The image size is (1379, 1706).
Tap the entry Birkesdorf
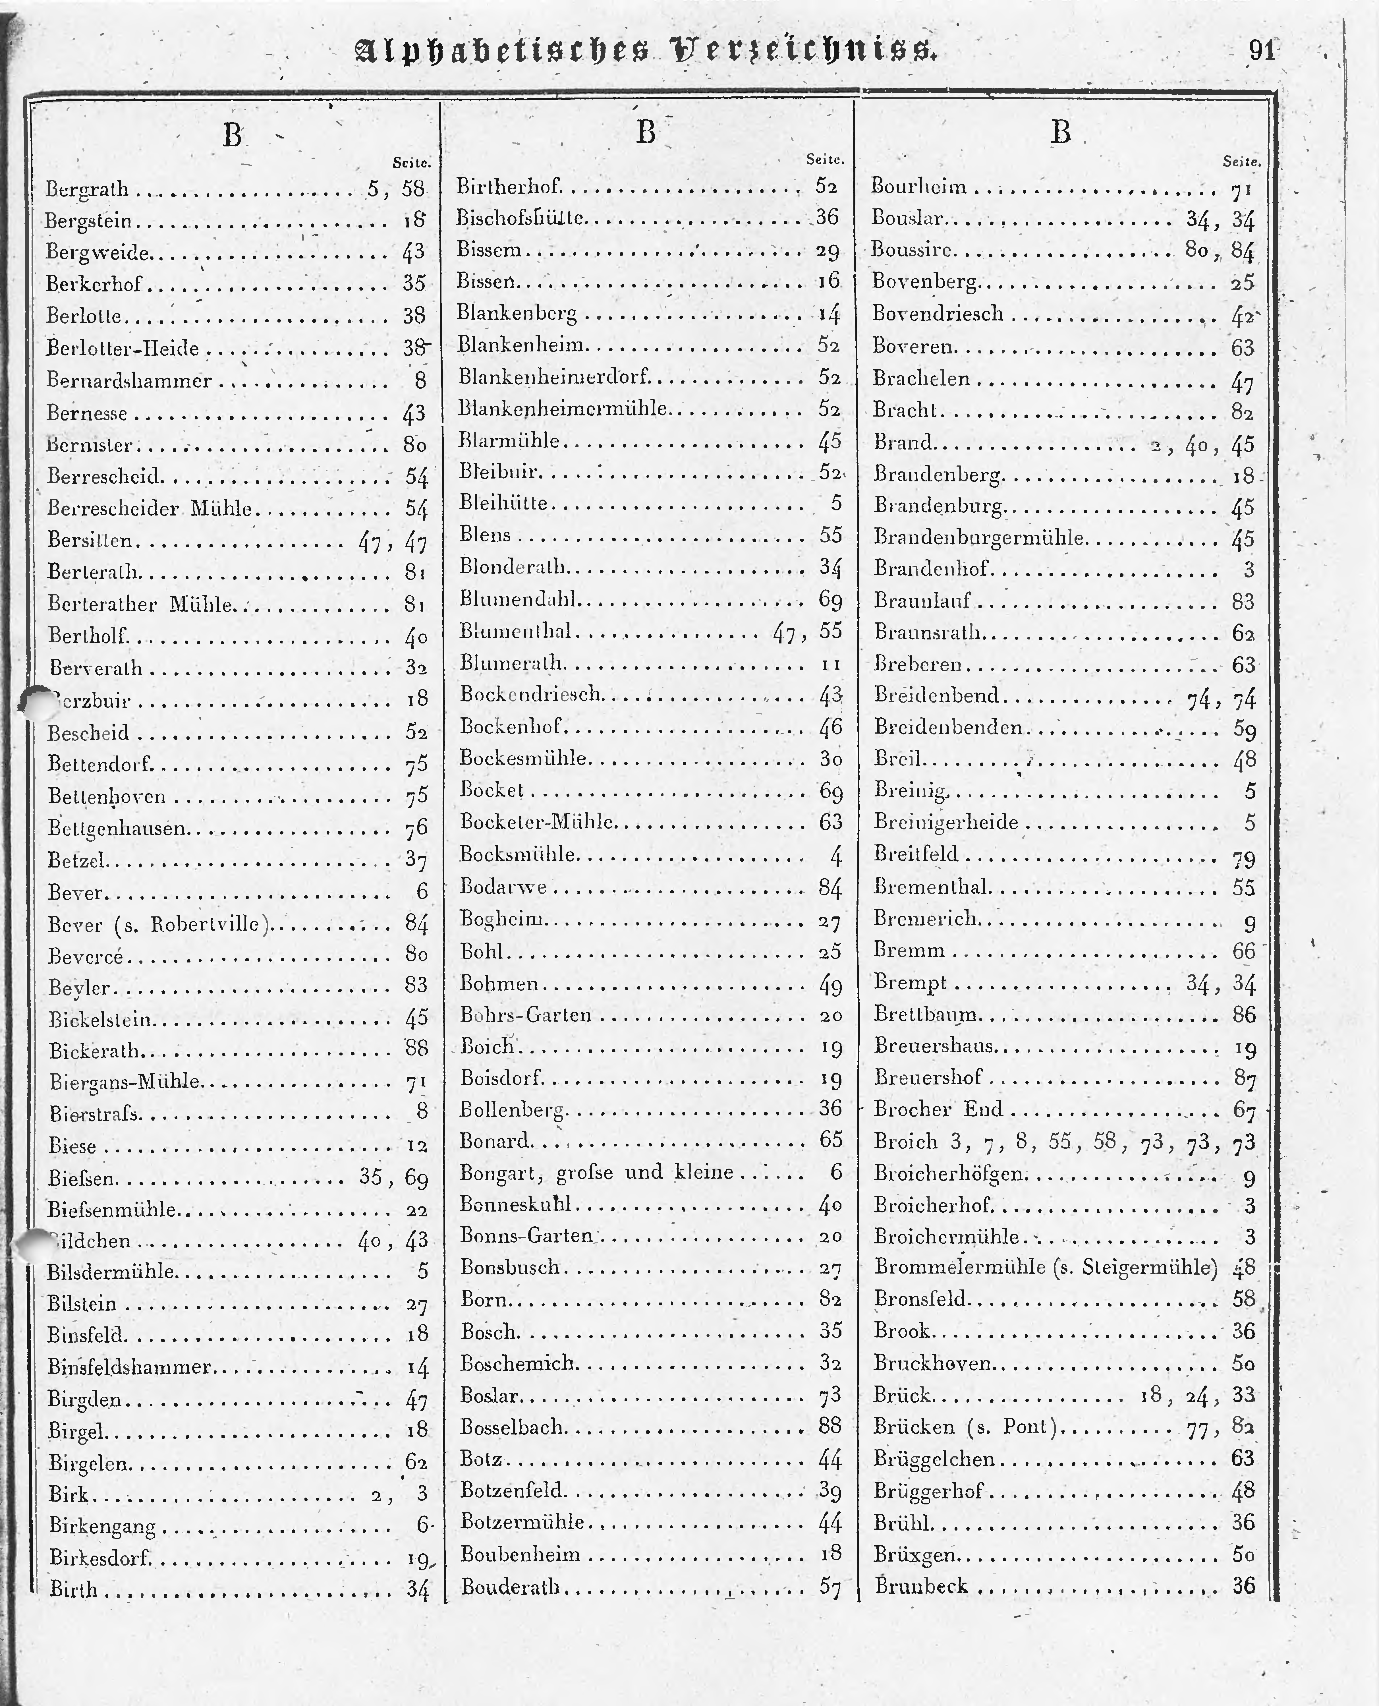tap(99, 1557)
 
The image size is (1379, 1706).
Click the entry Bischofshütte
tap(521, 217)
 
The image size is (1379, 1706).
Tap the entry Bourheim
tap(919, 187)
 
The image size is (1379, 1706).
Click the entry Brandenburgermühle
tap(979, 538)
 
